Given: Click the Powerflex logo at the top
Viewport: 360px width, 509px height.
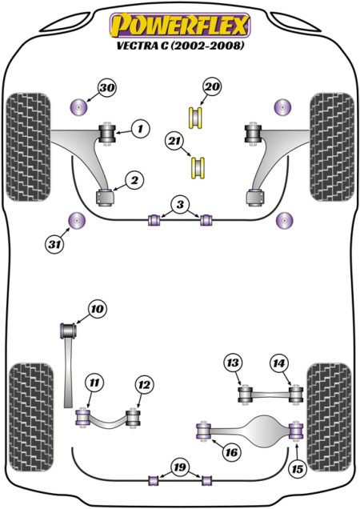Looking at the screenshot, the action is click(x=180, y=26).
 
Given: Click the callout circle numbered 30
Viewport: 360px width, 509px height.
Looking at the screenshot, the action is click(x=107, y=88).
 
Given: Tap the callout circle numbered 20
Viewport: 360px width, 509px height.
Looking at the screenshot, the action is click(x=212, y=87).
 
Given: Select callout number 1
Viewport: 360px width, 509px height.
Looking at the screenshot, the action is click(x=141, y=129).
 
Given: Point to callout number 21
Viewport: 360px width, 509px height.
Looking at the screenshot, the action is click(x=174, y=141).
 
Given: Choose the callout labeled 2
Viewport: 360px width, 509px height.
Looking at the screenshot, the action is click(x=134, y=180).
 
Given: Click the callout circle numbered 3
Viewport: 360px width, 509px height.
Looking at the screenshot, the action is click(x=180, y=205).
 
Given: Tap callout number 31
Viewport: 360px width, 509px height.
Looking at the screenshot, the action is click(x=54, y=244).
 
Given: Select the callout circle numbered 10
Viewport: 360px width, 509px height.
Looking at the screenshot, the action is click(x=97, y=309).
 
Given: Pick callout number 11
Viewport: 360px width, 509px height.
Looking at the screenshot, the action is click(x=94, y=383).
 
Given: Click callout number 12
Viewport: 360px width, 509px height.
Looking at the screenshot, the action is click(x=144, y=385).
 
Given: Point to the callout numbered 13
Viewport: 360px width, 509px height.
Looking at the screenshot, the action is click(x=233, y=363).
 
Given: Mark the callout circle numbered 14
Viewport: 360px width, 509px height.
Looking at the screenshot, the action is click(x=279, y=363).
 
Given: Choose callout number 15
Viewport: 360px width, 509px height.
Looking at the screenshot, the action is click(x=298, y=469).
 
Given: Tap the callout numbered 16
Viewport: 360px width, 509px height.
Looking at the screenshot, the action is click(x=231, y=452).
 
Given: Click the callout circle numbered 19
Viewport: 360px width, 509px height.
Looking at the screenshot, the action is click(x=180, y=467).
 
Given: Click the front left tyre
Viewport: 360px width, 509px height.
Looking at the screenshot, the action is click(x=29, y=146).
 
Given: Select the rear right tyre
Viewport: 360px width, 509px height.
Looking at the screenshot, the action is click(x=330, y=417).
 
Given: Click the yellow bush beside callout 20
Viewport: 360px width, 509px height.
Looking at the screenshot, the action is click(x=195, y=117).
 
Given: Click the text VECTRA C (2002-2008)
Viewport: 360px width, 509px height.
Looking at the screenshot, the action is click(x=180, y=46).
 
